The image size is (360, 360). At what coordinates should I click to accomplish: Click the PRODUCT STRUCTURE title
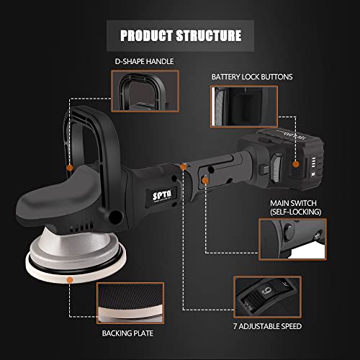tap(181, 35)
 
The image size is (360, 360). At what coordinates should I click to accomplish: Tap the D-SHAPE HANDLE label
tap(144, 61)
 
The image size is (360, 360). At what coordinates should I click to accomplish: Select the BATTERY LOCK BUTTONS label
tap(252, 77)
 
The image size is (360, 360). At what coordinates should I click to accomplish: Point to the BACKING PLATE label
tap(127, 333)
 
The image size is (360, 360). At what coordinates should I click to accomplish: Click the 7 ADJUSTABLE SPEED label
tap(267, 326)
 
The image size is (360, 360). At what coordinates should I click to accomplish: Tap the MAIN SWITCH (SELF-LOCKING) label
tap(295, 207)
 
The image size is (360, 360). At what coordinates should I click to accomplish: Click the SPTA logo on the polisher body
tap(162, 196)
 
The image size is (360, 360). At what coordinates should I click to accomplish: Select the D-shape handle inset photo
tap(145, 91)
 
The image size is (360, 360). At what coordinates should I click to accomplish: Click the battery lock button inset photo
tap(244, 107)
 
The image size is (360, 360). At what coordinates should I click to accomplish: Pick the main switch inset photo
tap(292, 239)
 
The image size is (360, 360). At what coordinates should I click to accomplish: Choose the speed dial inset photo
tap(267, 297)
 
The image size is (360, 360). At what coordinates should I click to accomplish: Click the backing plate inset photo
tap(130, 303)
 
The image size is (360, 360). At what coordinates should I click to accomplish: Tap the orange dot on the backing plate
tap(70, 279)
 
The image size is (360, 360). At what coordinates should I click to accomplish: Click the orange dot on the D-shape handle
tap(70, 168)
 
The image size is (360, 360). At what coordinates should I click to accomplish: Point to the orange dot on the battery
tap(296, 164)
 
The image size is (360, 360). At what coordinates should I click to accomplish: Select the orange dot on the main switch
tap(205, 181)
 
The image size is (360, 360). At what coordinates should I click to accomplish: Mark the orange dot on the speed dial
tap(183, 167)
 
